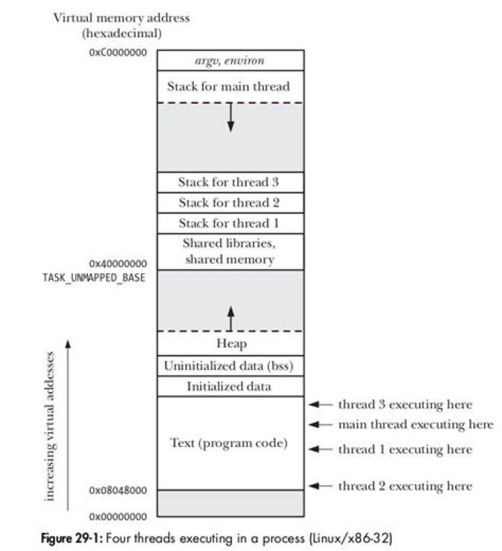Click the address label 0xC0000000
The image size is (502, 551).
(118, 52)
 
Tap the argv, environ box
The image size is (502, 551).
(230, 61)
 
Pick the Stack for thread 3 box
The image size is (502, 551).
(230, 182)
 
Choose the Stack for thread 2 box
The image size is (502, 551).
(230, 203)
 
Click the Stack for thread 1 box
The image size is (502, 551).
(230, 223)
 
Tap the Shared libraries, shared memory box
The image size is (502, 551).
(230, 251)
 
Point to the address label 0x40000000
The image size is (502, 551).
(118, 264)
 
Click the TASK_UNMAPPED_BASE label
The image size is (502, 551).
(95, 277)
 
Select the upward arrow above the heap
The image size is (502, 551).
(231, 317)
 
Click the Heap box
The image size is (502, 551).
(230, 343)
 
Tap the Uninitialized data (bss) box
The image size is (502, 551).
(230, 365)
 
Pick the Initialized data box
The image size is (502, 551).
(230, 386)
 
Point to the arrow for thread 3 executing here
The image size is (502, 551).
(321, 405)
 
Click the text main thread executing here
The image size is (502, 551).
(416, 424)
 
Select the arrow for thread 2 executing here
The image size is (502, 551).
(321, 485)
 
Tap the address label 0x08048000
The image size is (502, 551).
(118, 490)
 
